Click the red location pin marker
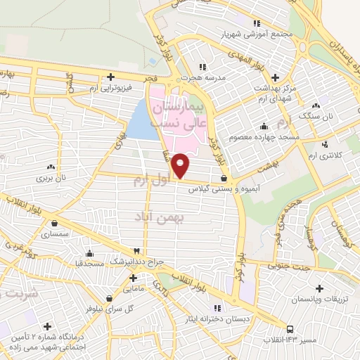click(181, 166)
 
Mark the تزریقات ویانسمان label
click(319, 300)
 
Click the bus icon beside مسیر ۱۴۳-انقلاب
click(290, 329)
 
